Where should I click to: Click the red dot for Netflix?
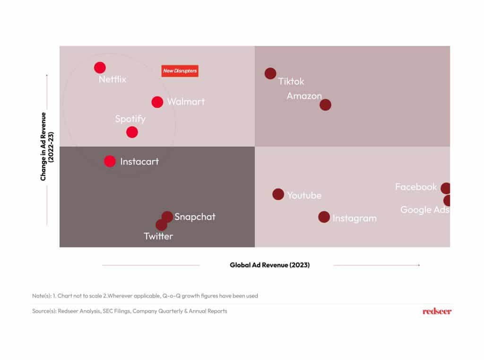pos(100,67)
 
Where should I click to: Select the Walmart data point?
pos(157,102)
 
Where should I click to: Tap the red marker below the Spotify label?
pos(132,132)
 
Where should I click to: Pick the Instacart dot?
pos(110,161)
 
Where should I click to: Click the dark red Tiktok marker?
pos(270,73)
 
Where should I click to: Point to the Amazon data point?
pos(325,105)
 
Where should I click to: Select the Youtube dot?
pos(278,194)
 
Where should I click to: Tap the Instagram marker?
pos(324,217)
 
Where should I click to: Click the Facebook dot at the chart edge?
pos(445,188)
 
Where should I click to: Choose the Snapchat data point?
pos(167,217)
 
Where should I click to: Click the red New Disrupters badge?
pos(180,71)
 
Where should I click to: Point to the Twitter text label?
pos(158,236)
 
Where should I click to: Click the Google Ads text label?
pos(425,210)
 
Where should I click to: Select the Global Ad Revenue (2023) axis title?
pos(270,265)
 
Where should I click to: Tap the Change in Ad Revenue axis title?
pos(47,147)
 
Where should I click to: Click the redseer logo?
pos(437,311)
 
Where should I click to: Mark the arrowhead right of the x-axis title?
pos(419,265)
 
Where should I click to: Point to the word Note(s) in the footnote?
pos(42,296)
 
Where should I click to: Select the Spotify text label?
pos(130,119)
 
